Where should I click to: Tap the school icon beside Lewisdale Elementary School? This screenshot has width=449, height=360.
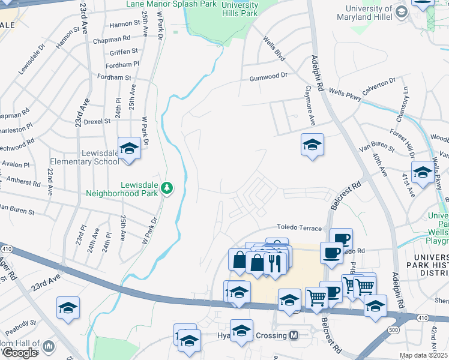click(129, 148)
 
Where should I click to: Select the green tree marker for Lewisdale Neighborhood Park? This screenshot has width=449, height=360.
click(167, 189)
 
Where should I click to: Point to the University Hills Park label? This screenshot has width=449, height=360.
click(240, 9)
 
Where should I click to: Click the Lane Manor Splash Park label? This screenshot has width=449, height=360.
click(171, 4)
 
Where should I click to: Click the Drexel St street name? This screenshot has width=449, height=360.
click(97, 121)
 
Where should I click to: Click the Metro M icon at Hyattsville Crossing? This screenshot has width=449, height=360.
click(294, 335)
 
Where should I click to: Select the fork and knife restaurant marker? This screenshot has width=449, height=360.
click(276, 262)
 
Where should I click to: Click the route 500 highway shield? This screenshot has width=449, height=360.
click(393, 330)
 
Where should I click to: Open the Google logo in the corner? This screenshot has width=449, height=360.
click(20, 353)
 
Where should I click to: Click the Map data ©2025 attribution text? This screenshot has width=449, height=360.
click(424, 355)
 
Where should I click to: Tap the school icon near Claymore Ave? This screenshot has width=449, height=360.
click(312, 145)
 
